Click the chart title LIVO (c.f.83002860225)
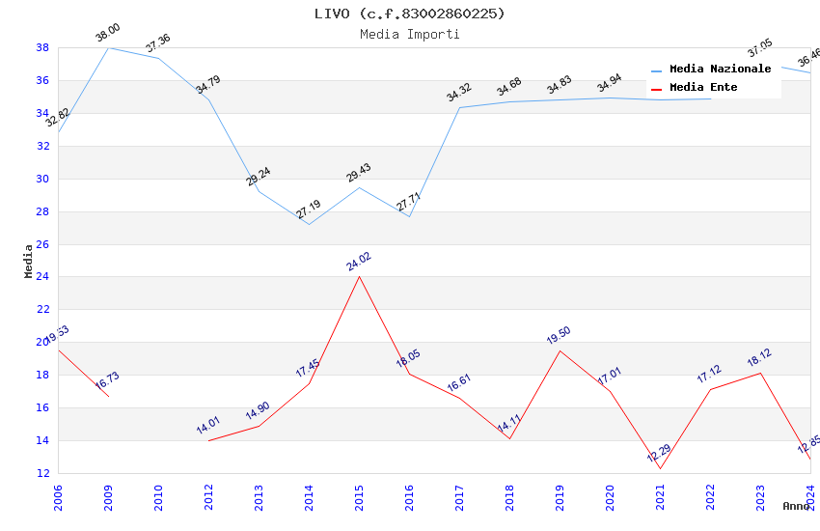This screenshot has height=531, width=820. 409,14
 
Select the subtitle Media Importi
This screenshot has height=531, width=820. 409,34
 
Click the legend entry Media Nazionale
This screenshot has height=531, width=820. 720,70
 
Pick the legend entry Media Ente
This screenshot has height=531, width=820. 703,88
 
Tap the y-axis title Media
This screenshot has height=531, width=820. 29,261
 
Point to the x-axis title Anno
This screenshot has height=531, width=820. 796,506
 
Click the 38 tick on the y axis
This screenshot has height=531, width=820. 42,47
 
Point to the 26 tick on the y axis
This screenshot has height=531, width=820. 42,244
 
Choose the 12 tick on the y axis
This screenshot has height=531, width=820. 42,473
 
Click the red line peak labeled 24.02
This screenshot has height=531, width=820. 360,276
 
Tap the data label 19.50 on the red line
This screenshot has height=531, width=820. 559,336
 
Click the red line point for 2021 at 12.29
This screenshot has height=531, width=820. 661,468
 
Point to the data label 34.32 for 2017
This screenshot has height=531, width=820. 458,93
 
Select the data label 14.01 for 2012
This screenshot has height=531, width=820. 208,426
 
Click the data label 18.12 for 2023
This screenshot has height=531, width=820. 759,358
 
